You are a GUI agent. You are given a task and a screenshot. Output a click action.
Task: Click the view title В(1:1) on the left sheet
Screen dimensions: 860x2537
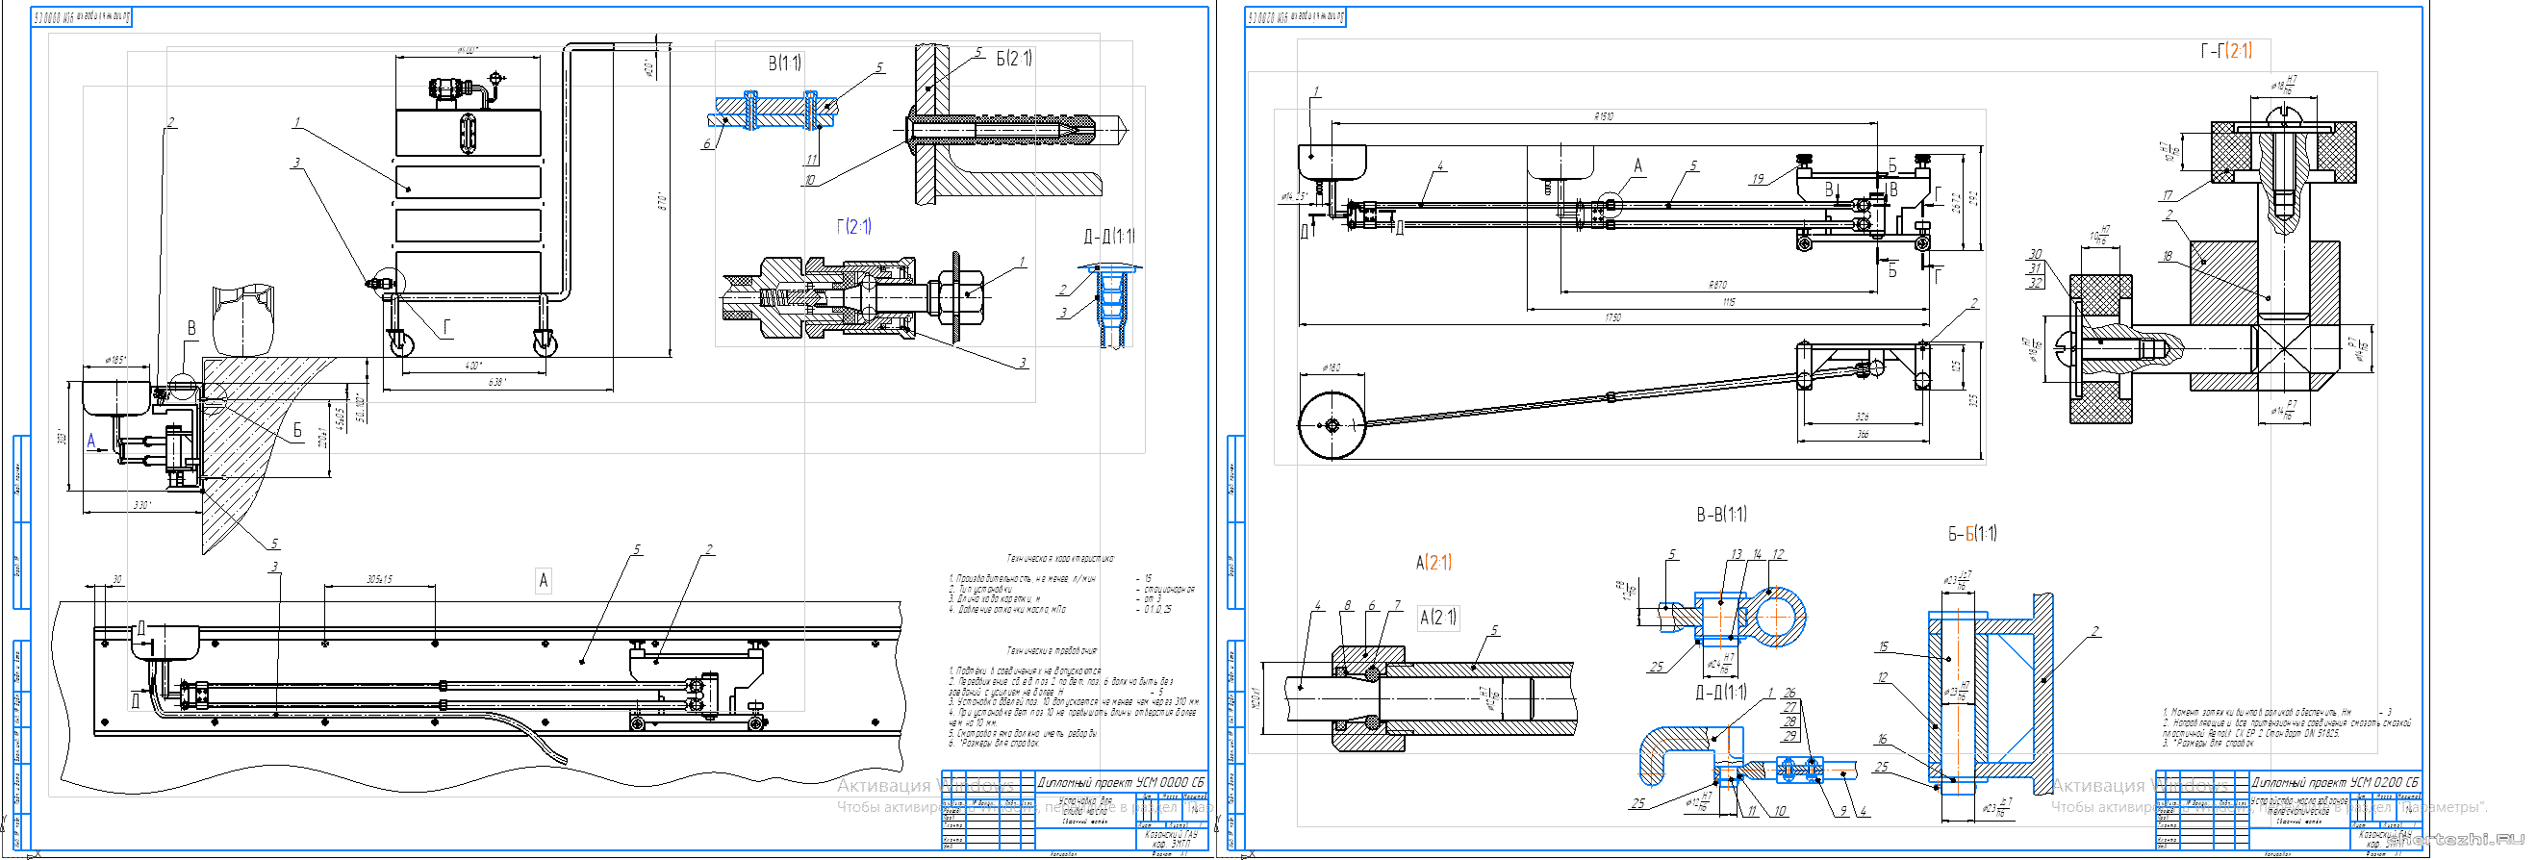(x=784, y=63)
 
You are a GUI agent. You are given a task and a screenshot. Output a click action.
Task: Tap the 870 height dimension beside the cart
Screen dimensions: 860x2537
(x=663, y=202)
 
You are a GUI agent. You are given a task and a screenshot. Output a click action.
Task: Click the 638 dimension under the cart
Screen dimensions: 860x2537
(x=497, y=382)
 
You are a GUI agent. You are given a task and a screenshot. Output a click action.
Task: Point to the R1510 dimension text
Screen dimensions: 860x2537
(x=1604, y=116)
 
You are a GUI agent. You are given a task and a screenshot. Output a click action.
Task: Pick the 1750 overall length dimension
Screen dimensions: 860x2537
(x=1612, y=317)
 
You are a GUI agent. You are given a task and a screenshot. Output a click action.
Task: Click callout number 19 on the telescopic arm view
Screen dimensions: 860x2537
(x=1758, y=179)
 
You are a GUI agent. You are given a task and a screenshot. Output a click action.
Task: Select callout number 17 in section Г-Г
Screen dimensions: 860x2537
(x=2167, y=196)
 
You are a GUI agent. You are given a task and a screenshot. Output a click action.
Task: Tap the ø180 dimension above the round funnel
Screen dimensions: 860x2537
(x=1330, y=368)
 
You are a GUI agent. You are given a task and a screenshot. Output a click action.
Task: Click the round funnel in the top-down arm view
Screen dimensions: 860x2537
(x=1332, y=425)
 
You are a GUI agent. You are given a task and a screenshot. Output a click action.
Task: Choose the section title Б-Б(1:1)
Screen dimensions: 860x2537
(x=1971, y=534)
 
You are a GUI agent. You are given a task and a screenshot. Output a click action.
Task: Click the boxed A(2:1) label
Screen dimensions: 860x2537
(x=1438, y=618)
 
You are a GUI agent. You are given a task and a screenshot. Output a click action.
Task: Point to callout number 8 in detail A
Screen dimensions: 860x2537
(x=1346, y=606)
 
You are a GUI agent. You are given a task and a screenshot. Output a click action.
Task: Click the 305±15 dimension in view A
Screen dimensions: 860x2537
(x=379, y=579)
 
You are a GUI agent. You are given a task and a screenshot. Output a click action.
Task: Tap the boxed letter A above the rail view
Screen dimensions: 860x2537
(x=543, y=581)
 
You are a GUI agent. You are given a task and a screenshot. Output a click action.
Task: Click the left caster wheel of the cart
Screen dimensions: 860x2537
(x=402, y=343)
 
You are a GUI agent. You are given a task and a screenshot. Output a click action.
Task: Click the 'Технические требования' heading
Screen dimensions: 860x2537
(x=1051, y=651)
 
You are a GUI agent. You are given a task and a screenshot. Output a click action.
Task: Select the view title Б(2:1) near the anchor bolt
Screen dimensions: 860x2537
(x=1013, y=59)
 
